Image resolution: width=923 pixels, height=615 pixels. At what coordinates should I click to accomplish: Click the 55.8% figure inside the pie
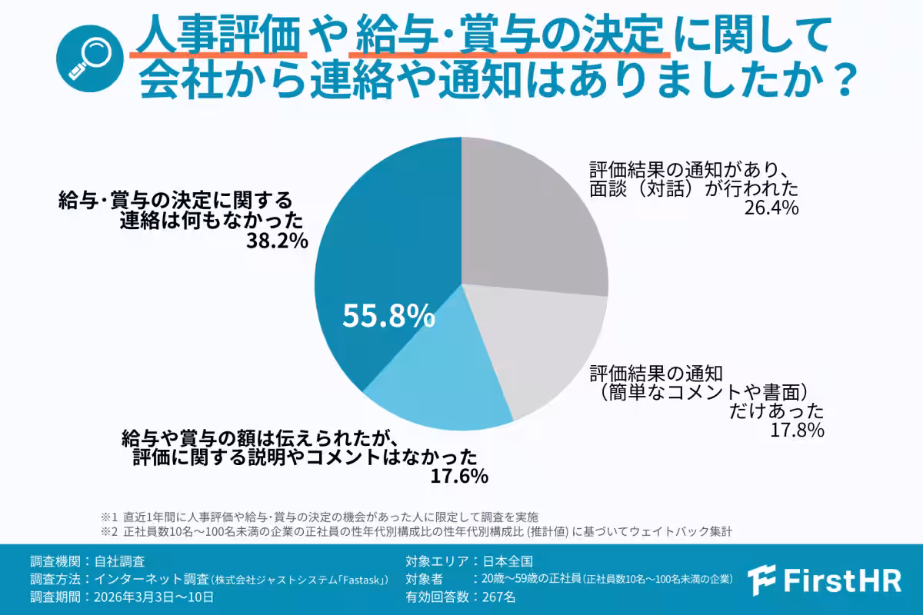pyautogui.click(x=389, y=314)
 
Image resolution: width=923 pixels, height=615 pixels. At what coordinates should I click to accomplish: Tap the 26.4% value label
pyautogui.click(x=771, y=208)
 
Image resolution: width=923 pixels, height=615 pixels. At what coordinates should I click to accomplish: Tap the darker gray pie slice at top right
pyautogui.click(x=531, y=215)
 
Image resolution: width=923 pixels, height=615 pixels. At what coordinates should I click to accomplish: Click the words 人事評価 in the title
pyautogui.click(x=218, y=35)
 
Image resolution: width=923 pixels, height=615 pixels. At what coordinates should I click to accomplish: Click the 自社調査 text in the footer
pyautogui.click(x=119, y=560)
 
